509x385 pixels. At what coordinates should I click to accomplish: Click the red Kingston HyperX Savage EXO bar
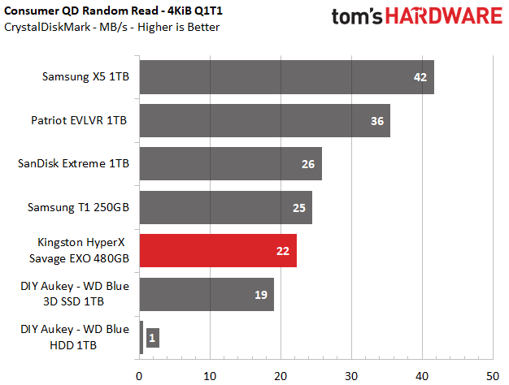(218, 250)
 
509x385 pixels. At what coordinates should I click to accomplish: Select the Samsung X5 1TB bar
(287, 77)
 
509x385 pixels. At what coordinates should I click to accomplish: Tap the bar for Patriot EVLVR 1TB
(265, 121)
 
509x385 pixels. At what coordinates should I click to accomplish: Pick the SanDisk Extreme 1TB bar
(231, 164)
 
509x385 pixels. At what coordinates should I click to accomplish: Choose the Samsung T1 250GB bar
(226, 208)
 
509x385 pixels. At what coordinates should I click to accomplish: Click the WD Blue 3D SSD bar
(207, 294)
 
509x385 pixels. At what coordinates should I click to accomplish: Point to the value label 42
(420, 77)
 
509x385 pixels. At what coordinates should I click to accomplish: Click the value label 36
(377, 121)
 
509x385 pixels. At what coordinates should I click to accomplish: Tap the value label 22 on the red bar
(283, 251)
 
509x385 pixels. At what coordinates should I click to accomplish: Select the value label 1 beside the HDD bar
(152, 338)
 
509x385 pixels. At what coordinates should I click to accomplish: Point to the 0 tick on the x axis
(139, 376)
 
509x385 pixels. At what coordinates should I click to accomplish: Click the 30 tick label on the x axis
(351, 376)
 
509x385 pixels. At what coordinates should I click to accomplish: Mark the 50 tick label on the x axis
(493, 376)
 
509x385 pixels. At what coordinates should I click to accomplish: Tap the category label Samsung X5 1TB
(85, 77)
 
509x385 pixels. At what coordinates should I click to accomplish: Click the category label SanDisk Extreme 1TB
(73, 163)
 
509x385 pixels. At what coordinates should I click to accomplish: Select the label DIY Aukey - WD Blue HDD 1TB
(75, 337)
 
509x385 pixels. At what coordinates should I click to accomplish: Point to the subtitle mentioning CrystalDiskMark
(111, 27)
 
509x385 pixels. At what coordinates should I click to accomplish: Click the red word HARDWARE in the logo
(444, 16)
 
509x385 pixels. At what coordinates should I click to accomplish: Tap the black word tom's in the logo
(357, 16)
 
